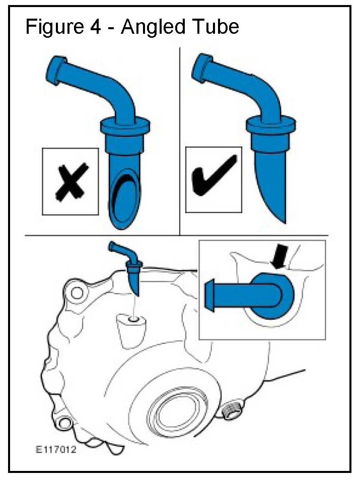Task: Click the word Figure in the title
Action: click(54, 27)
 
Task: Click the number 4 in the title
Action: click(95, 27)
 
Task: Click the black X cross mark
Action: click(72, 182)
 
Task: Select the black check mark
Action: click(214, 176)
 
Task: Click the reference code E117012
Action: click(56, 450)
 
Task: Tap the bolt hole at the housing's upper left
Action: click(76, 292)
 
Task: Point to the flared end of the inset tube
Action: click(209, 295)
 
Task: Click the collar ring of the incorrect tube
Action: click(125, 124)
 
